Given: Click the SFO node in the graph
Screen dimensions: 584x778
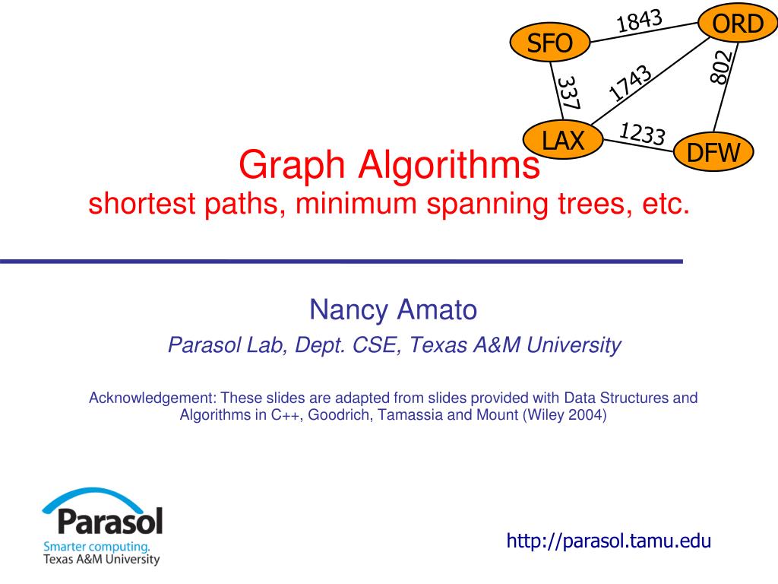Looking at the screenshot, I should [x=549, y=43].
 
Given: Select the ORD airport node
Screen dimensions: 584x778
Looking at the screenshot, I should [x=735, y=24].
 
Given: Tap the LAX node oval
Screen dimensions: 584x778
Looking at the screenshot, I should [x=563, y=140].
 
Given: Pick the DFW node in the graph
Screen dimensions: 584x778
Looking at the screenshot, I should [x=713, y=153].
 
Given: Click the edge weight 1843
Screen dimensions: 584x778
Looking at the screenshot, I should [x=639, y=21].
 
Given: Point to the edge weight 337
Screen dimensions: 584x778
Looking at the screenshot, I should [x=568, y=92].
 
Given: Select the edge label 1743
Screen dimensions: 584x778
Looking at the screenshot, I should [x=631, y=83].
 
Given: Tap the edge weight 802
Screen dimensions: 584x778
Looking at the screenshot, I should [x=721, y=67].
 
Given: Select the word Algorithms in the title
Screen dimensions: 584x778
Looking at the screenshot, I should [x=448, y=165].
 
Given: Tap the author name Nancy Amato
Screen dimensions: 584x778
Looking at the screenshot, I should [x=393, y=309].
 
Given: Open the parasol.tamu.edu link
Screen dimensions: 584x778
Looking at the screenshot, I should [x=609, y=541].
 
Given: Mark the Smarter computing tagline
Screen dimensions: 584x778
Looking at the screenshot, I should [x=96, y=546].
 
